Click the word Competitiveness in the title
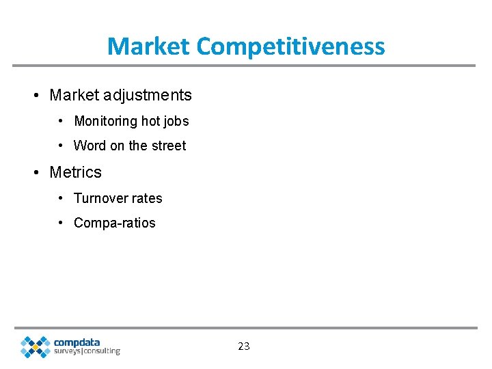(x=290, y=46)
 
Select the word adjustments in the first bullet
(x=148, y=95)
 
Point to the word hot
(x=150, y=121)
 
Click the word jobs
(x=176, y=122)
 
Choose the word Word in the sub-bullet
(x=90, y=146)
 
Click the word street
(x=168, y=146)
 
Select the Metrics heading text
(x=75, y=172)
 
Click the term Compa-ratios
(x=115, y=223)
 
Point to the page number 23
(x=244, y=346)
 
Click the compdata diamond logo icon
(x=35, y=346)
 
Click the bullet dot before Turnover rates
(x=61, y=198)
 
